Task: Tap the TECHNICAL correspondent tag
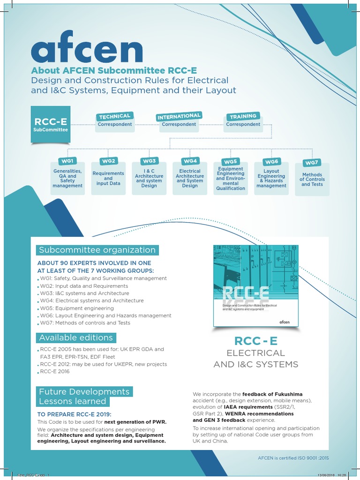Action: [114, 116]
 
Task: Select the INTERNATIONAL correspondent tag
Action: [179, 116]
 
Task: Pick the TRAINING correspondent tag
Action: [243, 116]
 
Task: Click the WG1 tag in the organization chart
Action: [67, 161]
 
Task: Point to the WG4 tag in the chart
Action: [190, 161]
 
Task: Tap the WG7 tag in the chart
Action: [312, 163]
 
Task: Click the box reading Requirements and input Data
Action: [108, 179]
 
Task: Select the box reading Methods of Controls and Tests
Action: [312, 180]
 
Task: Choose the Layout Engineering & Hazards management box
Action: [271, 179]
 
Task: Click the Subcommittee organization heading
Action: [97, 250]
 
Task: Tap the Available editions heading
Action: [76, 337]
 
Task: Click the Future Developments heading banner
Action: [84, 391]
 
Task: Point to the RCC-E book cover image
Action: [256, 285]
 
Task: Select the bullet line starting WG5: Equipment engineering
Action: [77, 308]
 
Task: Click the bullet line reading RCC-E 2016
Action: [55, 372]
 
